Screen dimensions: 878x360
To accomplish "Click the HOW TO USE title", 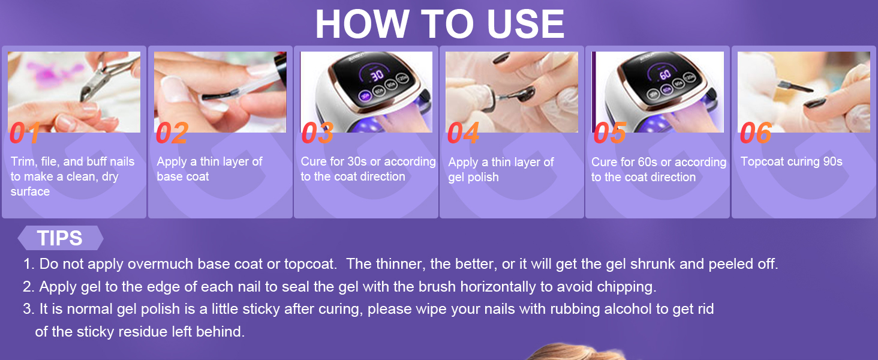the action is (440, 25).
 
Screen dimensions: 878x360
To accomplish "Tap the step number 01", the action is (25, 133).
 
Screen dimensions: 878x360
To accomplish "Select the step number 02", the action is (172, 133).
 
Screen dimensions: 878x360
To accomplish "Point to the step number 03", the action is (317, 133).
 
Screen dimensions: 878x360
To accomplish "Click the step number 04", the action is (464, 133).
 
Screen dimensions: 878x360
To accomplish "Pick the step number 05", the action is (610, 133).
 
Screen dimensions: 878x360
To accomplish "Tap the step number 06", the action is (756, 133).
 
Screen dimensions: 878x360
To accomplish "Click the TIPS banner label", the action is (59, 238).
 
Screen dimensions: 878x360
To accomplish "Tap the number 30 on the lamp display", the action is (377, 75).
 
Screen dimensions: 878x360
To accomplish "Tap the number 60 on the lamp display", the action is (664, 74).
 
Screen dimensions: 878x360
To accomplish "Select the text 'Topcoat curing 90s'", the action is (791, 161).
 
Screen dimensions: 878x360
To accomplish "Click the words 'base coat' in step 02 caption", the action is (183, 176).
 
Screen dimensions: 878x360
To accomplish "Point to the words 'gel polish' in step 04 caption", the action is (474, 177).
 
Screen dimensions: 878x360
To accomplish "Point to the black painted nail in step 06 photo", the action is (814, 103).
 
